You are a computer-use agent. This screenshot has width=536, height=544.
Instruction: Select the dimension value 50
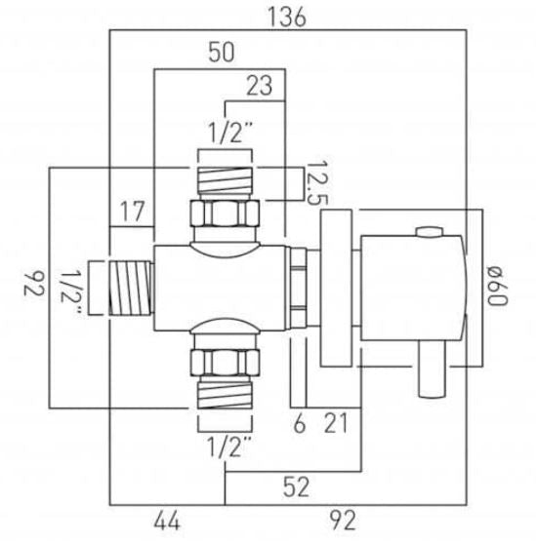[221, 55]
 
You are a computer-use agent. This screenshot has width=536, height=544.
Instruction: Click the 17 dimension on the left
[133, 211]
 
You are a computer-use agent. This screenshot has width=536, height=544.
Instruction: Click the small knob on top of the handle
[426, 232]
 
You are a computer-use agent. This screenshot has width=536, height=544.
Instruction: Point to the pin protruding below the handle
[429, 376]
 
